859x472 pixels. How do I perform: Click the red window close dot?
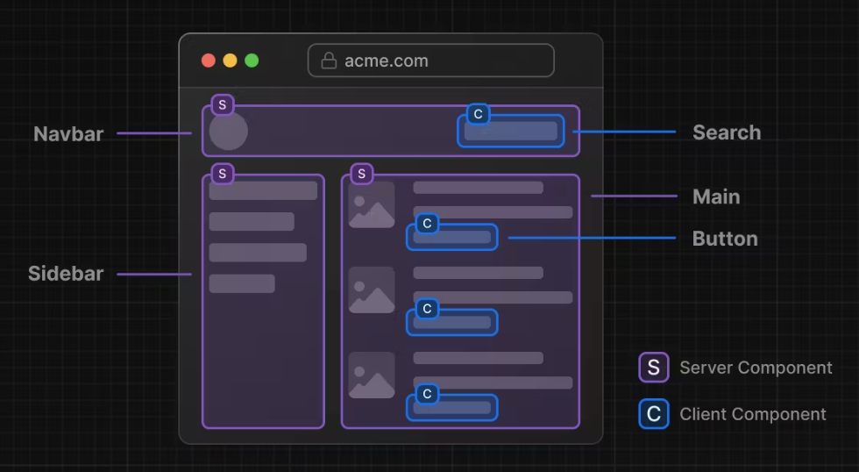[x=209, y=61]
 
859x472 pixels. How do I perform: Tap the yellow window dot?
[x=230, y=61]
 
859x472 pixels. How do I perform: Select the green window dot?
[x=252, y=61]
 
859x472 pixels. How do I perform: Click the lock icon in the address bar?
[x=329, y=61]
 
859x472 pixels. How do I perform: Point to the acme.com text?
[x=386, y=61]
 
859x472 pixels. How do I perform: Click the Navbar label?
[x=68, y=134]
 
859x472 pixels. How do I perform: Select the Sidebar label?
[x=66, y=274]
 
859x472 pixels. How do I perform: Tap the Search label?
[x=727, y=132]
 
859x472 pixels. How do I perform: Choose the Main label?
[x=716, y=197]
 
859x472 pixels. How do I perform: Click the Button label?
[x=725, y=239]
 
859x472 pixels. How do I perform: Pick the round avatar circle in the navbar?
[x=229, y=131]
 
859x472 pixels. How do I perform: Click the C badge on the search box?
[x=478, y=114]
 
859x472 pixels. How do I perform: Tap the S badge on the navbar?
[x=223, y=105]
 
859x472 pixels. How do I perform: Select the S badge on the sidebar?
[x=223, y=174]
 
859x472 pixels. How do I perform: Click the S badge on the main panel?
[x=362, y=174]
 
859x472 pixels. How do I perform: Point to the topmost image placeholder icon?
[x=372, y=205]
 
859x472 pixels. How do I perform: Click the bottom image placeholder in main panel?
[x=372, y=375]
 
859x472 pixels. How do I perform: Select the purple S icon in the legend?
[x=653, y=368]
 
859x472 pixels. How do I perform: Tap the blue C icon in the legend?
[x=653, y=414]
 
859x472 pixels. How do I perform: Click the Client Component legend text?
[x=753, y=414]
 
